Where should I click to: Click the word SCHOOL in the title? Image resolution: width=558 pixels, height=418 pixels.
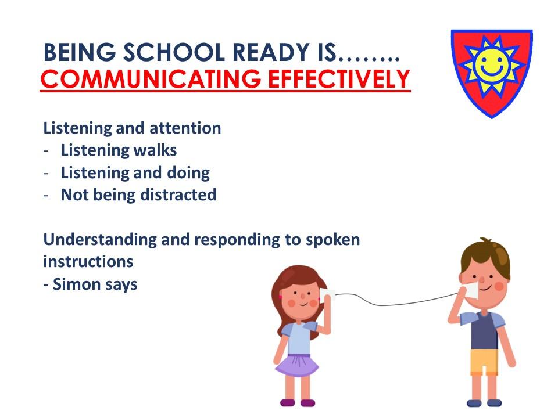[x=174, y=52]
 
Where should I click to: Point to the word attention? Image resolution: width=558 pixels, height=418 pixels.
[x=185, y=128]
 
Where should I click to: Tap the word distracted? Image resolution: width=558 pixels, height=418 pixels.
[x=178, y=195]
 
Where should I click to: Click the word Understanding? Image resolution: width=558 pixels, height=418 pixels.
[x=100, y=240]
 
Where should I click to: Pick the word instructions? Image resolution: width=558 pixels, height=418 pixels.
[x=88, y=262]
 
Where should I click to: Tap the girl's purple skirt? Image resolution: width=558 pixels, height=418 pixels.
[x=298, y=365]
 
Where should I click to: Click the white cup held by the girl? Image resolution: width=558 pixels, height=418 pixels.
[x=327, y=296]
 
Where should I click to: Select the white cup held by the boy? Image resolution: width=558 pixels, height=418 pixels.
[x=472, y=290]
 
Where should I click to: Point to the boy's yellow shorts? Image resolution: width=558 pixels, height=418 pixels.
[x=484, y=362]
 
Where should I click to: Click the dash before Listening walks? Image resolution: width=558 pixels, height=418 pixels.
[x=46, y=151]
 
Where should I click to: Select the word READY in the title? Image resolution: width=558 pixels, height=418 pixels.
[x=270, y=52]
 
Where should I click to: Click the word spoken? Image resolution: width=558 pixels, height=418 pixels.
[x=332, y=240]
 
